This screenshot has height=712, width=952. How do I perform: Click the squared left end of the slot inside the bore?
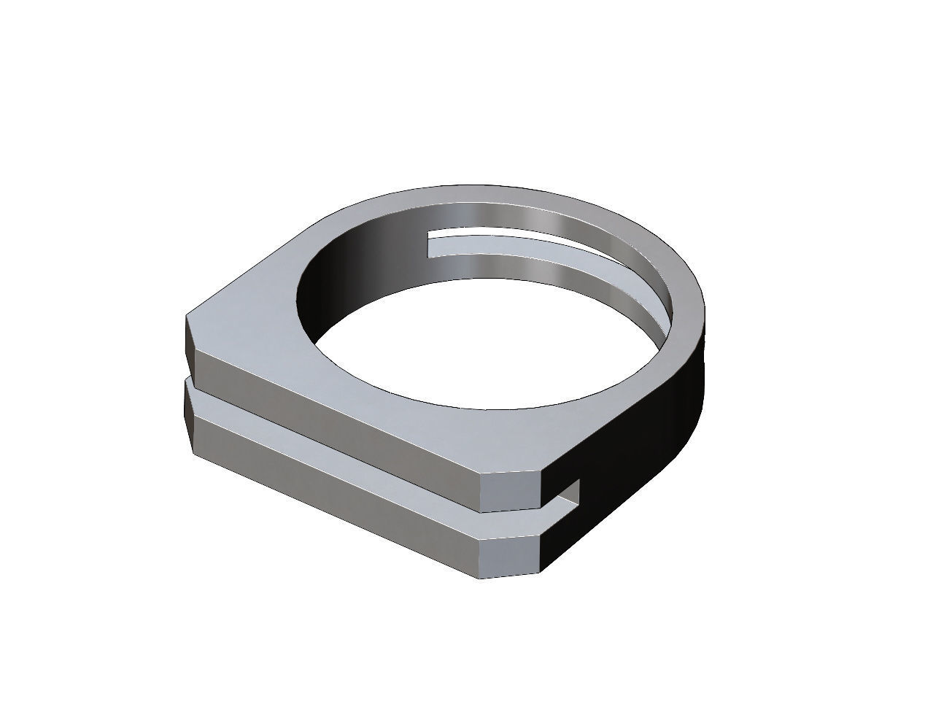click(x=431, y=245)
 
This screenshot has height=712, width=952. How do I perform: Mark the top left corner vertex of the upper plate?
click(x=188, y=316)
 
